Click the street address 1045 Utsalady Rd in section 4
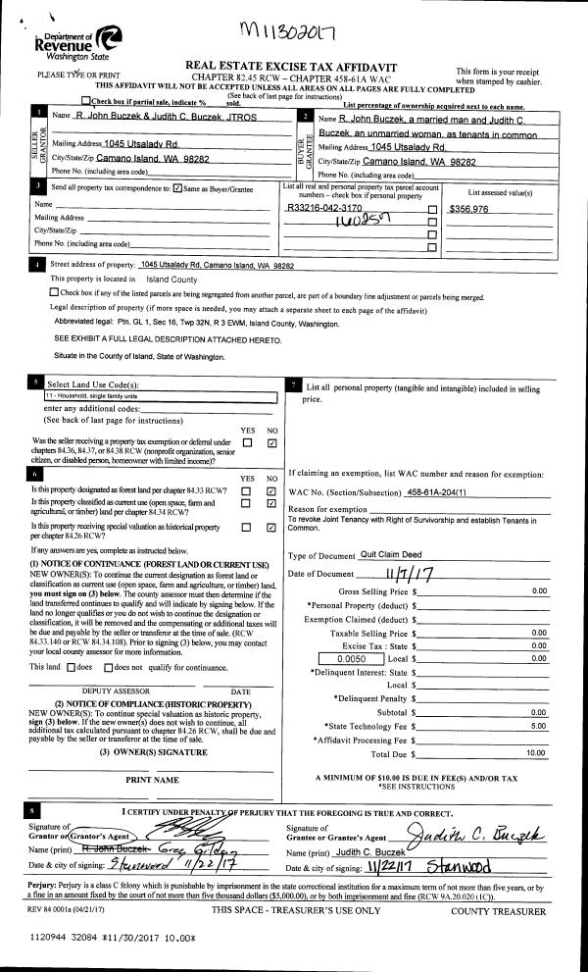click(x=217, y=266)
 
